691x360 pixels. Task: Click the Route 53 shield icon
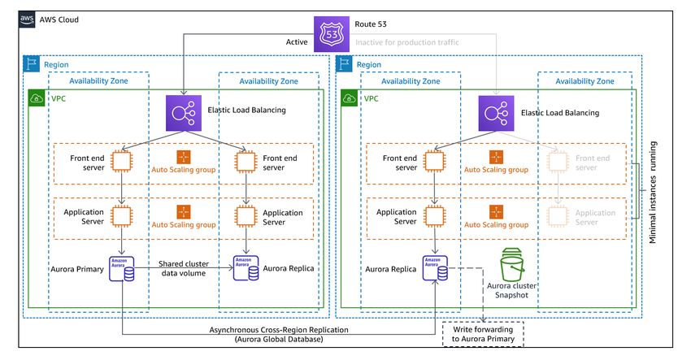coord(332,34)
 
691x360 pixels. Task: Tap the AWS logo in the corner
coord(27,20)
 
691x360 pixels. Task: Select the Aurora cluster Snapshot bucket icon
coord(511,264)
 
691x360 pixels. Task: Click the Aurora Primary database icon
coord(122,268)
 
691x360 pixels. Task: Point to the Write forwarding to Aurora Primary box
coord(483,334)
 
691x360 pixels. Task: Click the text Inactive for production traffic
coord(406,42)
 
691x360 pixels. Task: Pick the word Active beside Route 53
coord(297,42)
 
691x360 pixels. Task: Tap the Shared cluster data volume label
coord(184,268)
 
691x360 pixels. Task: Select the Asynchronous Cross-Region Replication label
coord(279,335)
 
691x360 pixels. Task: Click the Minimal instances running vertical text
coord(653,192)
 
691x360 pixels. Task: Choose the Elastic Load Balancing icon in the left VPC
coord(184,113)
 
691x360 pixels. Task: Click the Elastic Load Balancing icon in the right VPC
coord(496,113)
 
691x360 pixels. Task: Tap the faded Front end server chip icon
coord(558,162)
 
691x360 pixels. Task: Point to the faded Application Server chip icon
coord(558,216)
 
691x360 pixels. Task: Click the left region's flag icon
coord(31,64)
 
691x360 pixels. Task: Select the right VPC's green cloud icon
coord(349,98)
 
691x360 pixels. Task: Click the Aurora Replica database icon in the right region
coord(435,268)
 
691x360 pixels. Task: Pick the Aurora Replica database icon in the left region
coord(246,268)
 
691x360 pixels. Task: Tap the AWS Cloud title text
coord(59,20)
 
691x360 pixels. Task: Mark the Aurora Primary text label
coord(77,269)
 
